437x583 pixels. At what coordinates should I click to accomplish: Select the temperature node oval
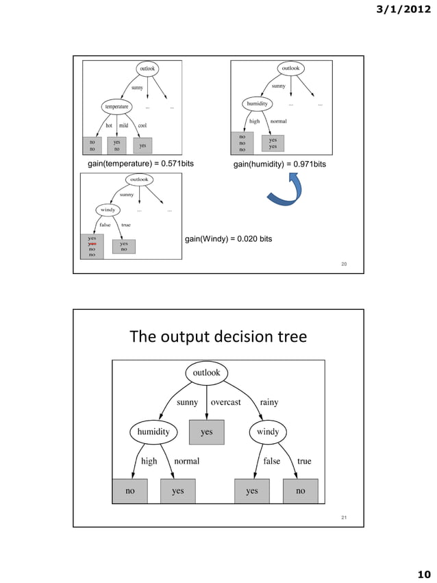click(x=116, y=106)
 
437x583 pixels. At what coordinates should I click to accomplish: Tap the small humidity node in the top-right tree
click(x=257, y=103)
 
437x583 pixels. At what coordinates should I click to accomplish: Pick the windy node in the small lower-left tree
click(x=106, y=210)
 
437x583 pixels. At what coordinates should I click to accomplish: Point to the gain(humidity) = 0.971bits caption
click(x=279, y=165)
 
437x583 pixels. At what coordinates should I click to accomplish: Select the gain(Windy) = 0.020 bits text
click(x=229, y=239)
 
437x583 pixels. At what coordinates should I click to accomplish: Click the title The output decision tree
click(x=218, y=337)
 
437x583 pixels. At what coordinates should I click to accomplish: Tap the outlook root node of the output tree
click(x=206, y=373)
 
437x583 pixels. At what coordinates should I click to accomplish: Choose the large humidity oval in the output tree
click(x=153, y=432)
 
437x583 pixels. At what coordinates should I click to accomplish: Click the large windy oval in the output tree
click(x=268, y=432)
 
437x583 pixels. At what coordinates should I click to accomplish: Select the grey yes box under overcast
click(x=206, y=432)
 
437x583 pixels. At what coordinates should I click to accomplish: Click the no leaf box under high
click(x=130, y=491)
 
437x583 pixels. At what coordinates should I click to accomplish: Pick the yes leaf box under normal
click(x=177, y=491)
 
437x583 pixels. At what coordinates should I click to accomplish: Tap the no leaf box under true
click(x=300, y=491)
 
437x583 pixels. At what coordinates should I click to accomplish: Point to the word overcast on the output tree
click(x=225, y=403)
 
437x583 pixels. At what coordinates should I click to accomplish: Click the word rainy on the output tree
click(x=269, y=403)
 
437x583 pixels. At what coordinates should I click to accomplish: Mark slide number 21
click(x=345, y=517)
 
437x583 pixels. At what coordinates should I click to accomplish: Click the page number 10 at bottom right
click(x=423, y=573)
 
